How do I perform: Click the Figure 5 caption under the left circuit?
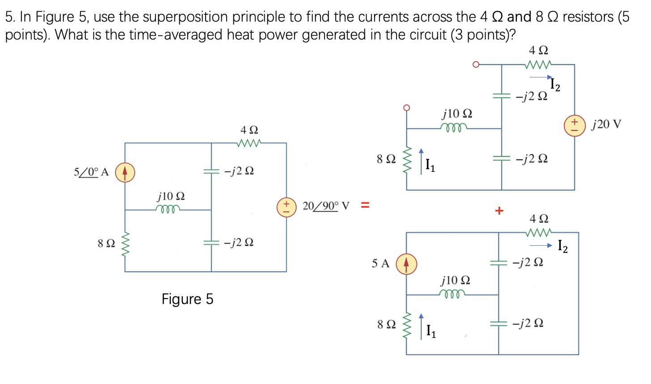[187, 299]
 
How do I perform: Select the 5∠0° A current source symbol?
[125, 172]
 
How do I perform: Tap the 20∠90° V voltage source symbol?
[286, 207]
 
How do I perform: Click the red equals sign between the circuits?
[365, 206]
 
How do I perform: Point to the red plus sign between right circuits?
[499, 210]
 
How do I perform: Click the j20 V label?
[606, 124]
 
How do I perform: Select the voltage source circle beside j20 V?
[575, 126]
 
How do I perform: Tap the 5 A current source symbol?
[406, 264]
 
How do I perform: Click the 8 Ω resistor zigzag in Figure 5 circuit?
[125, 244]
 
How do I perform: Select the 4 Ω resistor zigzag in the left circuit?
[249, 143]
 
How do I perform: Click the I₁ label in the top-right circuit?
[430, 165]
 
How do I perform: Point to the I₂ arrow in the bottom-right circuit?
[541, 245]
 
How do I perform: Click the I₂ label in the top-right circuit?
[555, 84]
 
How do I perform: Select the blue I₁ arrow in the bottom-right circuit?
[421, 327]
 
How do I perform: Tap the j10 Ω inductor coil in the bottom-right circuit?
[452, 294]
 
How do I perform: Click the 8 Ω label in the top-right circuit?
[386, 159]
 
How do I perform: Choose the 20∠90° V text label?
[326, 206]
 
